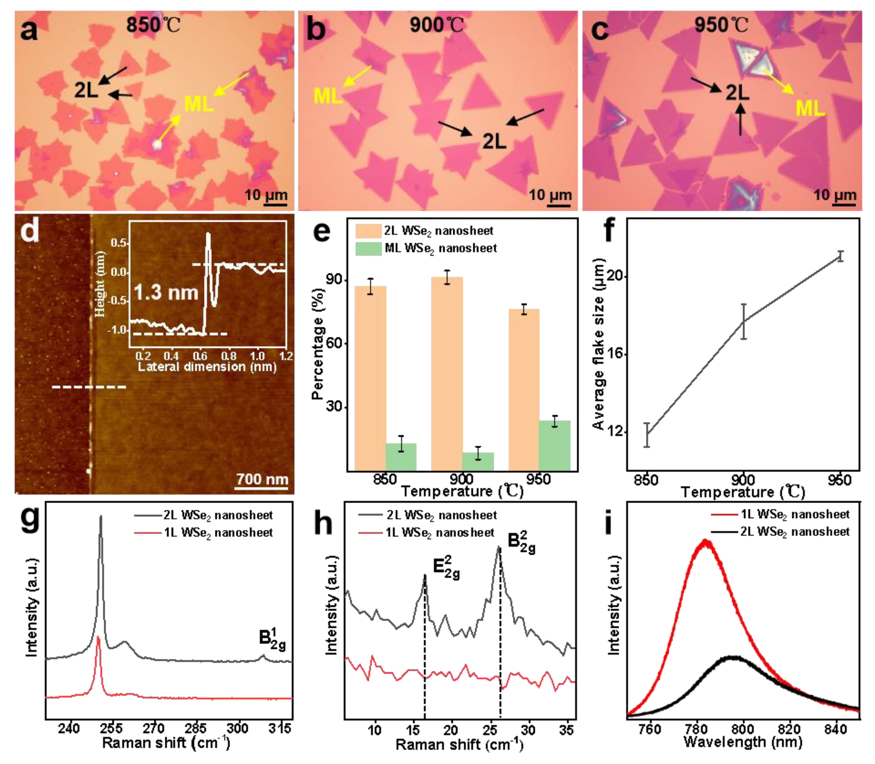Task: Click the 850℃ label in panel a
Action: coord(152,25)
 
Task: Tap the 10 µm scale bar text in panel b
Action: coord(550,195)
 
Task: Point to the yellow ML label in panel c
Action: coord(810,108)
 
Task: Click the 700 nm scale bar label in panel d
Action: coord(262,479)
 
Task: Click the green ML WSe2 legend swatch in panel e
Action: coord(368,248)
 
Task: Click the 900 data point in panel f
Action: coord(744,321)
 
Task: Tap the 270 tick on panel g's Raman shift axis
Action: coord(154,728)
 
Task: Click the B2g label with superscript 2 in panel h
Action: coord(521,542)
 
